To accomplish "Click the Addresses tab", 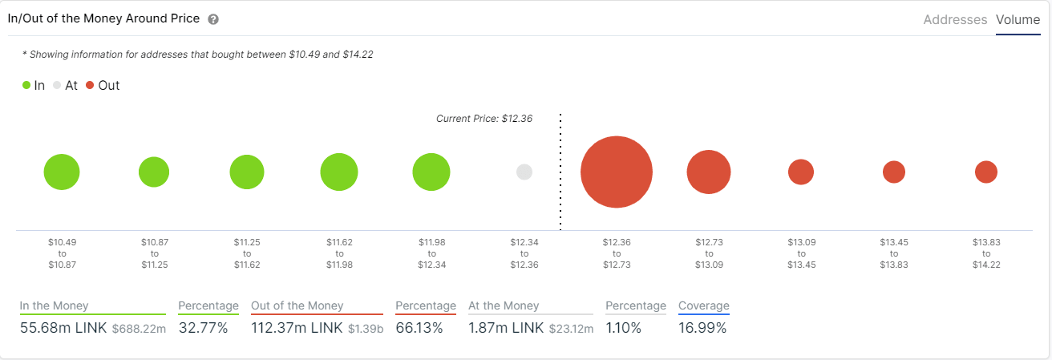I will click(x=955, y=20).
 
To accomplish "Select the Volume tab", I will click(x=1018, y=20).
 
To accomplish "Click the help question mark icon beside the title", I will click(x=213, y=19).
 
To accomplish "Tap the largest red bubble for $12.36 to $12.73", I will click(x=616, y=172).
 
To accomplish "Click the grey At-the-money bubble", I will click(x=524, y=172).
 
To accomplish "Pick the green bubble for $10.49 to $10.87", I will click(x=62, y=172).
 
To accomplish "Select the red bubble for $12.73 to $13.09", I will click(x=709, y=172).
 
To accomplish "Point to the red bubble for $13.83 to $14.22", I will click(x=986, y=172).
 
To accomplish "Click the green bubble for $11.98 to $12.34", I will click(x=431, y=172).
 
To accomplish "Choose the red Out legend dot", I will click(x=90, y=85).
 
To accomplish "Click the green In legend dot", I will click(x=26, y=85).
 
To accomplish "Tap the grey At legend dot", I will click(x=57, y=85).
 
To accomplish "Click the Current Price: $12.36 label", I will click(x=484, y=119).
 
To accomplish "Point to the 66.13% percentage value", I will click(x=419, y=328).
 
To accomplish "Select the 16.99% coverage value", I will click(x=702, y=328).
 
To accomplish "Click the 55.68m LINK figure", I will click(x=63, y=328).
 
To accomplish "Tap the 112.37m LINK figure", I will click(x=297, y=328).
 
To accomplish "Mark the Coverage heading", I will click(x=703, y=305).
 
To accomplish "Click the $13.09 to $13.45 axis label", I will click(x=801, y=253).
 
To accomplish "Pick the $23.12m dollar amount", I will click(x=571, y=329).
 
